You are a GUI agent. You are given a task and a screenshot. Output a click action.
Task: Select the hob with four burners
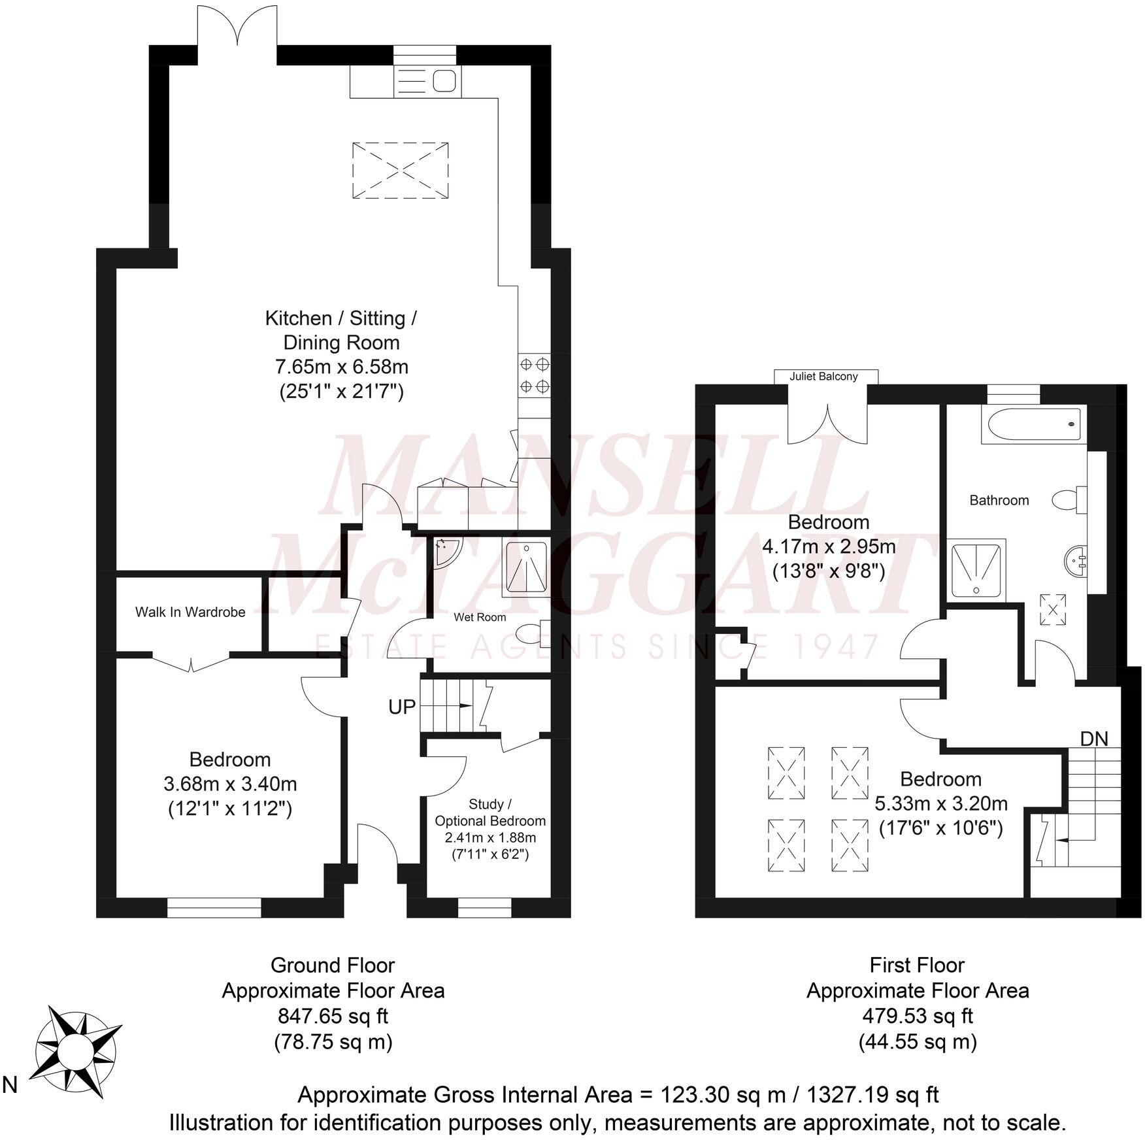534,375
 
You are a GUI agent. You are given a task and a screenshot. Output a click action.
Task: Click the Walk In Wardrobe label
190,612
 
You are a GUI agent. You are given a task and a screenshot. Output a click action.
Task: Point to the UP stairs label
401,707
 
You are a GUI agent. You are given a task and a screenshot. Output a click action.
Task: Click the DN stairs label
1093,739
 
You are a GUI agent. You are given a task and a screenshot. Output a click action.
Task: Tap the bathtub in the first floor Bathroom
1033,426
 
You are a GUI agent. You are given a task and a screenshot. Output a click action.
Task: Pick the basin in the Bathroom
1075,560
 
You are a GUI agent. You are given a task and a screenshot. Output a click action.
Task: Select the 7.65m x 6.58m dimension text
341,367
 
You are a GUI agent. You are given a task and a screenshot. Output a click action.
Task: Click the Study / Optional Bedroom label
490,813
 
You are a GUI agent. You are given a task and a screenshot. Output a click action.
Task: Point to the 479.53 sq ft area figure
917,1016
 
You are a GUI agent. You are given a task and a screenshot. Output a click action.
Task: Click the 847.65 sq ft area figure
333,1016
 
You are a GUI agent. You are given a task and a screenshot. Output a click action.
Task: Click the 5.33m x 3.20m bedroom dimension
940,803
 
